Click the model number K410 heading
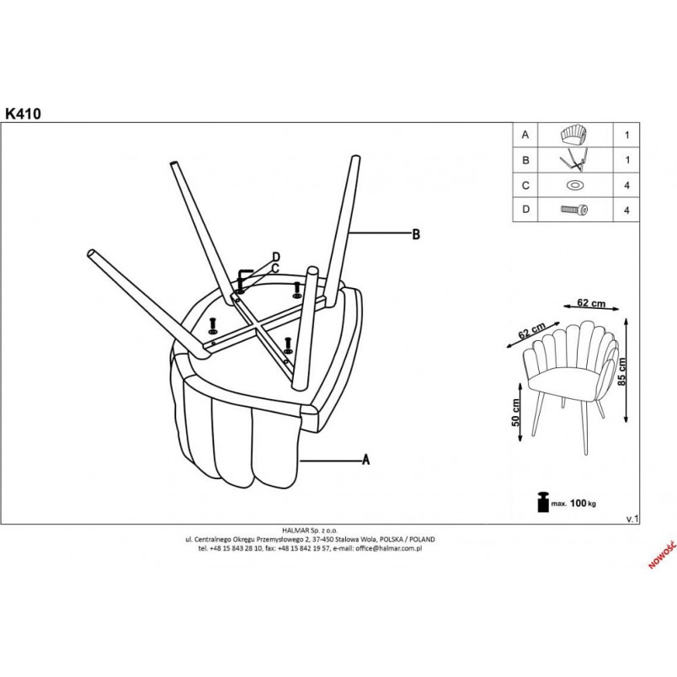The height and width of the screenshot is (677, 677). pyautogui.click(x=24, y=114)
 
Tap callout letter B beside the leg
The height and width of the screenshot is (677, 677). pyautogui.click(x=416, y=234)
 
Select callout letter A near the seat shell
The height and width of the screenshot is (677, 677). pyautogui.click(x=365, y=460)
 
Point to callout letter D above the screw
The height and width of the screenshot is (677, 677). pyautogui.click(x=276, y=257)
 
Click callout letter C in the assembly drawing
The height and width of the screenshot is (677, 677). pyautogui.click(x=275, y=269)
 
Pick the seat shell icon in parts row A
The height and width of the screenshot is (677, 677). pyautogui.click(x=573, y=135)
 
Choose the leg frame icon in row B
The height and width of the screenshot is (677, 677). pyautogui.click(x=573, y=160)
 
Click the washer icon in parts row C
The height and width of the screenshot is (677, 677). pyautogui.click(x=575, y=185)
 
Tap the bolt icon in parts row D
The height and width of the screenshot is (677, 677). pyautogui.click(x=574, y=210)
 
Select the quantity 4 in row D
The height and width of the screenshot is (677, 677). pyautogui.click(x=626, y=211)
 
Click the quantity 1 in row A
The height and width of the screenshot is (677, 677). pyautogui.click(x=627, y=135)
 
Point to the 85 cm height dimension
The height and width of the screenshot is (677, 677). pyautogui.click(x=622, y=371)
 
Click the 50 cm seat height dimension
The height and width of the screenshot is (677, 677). pyautogui.click(x=515, y=413)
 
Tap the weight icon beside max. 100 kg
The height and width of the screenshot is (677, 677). pyautogui.click(x=543, y=502)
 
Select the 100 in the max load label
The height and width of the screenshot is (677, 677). pyautogui.click(x=578, y=503)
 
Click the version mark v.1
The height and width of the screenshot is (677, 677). pyautogui.click(x=632, y=519)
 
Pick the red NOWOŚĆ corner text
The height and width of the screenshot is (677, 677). pyautogui.click(x=663, y=554)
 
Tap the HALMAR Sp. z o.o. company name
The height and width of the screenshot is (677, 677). pyautogui.click(x=310, y=530)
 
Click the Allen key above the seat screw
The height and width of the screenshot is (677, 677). pyautogui.click(x=243, y=276)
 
